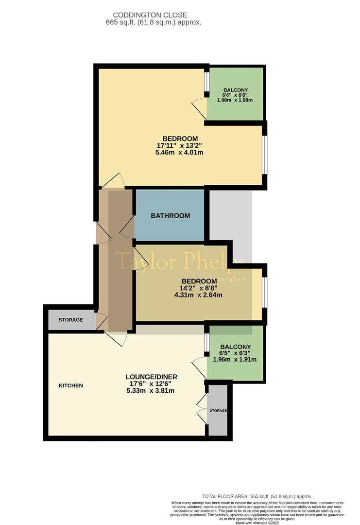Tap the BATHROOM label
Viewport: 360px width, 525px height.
coord(170,216)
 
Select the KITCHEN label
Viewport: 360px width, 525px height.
coord(71,385)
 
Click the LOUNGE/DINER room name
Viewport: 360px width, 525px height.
coord(151,377)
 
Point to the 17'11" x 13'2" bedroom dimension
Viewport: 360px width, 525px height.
coord(180,145)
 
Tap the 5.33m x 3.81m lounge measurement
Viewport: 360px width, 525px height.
coord(151,390)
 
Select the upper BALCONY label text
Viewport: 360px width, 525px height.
coord(236,90)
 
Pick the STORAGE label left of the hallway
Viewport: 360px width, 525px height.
coord(71,320)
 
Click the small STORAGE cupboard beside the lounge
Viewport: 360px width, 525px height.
coord(218,411)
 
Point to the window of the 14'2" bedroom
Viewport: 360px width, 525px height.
coord(264,292)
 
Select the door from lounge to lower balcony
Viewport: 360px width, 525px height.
coord(200,367)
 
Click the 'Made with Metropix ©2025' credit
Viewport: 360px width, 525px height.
coord(257,523)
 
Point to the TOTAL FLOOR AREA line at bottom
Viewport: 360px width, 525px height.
coord(257,496)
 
